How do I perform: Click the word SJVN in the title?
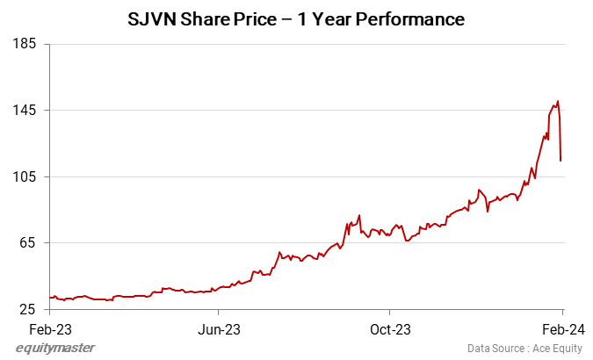[x=155, y=18]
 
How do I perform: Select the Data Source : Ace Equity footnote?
[x=524, y=349]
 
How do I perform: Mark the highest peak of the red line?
[x=558, y=101]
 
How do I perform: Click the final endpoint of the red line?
[x=560, y=161]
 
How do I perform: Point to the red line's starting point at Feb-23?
[x=51, y=298]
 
